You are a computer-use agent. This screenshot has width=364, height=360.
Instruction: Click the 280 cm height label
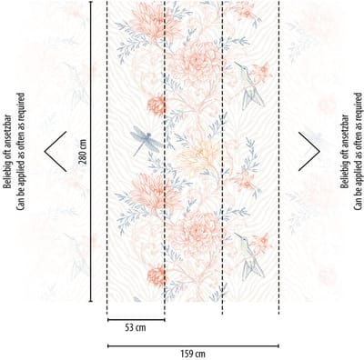83,152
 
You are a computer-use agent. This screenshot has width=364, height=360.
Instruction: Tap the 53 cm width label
136,327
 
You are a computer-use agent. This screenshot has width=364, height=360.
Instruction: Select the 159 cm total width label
193,354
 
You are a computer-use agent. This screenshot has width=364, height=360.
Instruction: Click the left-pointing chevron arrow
56,151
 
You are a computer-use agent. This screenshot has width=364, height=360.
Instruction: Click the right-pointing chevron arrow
309,151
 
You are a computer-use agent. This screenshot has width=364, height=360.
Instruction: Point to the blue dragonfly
147,142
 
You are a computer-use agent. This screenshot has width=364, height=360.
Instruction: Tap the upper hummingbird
249,85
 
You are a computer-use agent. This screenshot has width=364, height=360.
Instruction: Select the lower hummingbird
249,255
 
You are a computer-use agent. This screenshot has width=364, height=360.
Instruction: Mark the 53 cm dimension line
136,319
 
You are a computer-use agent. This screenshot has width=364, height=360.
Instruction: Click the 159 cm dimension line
193,345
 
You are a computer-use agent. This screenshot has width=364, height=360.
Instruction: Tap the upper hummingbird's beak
238,65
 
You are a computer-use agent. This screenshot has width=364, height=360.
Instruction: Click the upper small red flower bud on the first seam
156,105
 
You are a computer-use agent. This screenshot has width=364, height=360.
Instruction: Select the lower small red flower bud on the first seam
156,275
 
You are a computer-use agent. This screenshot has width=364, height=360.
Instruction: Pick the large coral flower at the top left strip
155,22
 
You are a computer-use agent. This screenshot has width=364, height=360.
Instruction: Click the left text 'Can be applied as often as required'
20,151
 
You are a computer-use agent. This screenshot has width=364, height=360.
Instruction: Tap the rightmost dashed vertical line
279,157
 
